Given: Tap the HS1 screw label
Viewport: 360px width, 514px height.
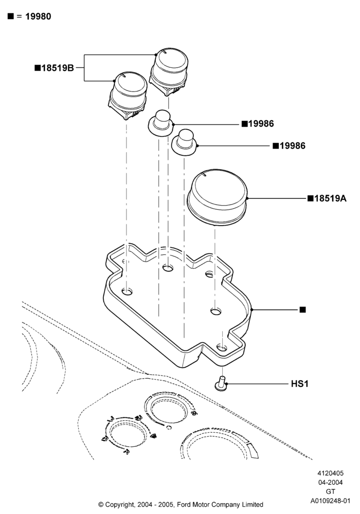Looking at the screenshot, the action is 300,383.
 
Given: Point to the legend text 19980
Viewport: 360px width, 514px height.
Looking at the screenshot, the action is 38,16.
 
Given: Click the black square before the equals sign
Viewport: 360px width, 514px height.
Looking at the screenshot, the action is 11,16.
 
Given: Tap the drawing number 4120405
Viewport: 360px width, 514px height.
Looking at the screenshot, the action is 330,473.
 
